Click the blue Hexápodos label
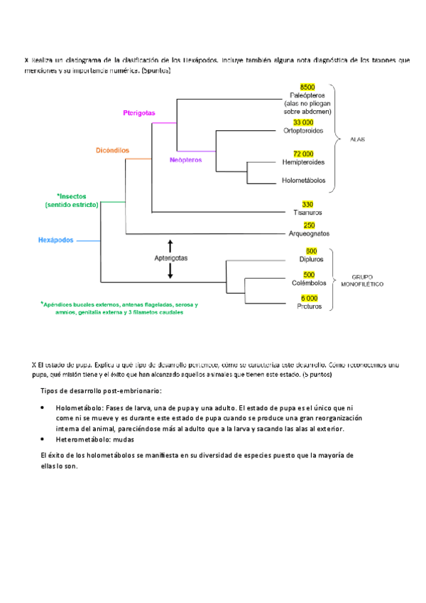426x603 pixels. pyautogui.click(x=56, y=240)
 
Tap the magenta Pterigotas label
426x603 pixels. pyautogui.click(x=138, y=113)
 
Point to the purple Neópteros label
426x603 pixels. pyautogui.click(x=186, y=160)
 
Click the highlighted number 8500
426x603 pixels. pyautogui.click(x=307, y=86)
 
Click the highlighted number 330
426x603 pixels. pyautogui.click(x=307, y=204)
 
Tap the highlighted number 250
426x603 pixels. pyautogui.click(x=309, y=225)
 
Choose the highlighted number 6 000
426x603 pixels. pyautogui.click(x=310, y=298)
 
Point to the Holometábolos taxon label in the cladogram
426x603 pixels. pyautogui.click(x=304, y=181)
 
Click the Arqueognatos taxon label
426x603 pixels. pyautogui.click(x=309, y=234)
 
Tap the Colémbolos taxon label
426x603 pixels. pyautogui.click(x=309, y=284)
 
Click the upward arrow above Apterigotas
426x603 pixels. pyautogui.click(x=170, y=245)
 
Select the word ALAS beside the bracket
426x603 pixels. pyautogui.click(x=357, y=139)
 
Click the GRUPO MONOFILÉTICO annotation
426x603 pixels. pyautogui.click(x=368, y=280)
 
